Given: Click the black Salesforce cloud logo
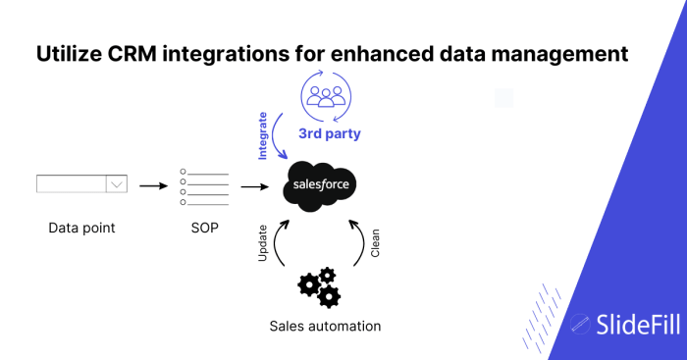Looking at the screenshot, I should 320,185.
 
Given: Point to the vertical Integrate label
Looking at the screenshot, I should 263,135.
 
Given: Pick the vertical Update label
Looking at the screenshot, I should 263,244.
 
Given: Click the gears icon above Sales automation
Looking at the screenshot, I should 320,285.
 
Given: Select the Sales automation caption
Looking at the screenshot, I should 325,326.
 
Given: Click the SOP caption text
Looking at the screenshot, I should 204,229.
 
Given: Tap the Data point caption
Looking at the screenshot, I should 81,229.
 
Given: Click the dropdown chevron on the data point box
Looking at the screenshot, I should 117,184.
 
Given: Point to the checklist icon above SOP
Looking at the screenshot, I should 204,186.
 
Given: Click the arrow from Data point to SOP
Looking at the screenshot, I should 154,184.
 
